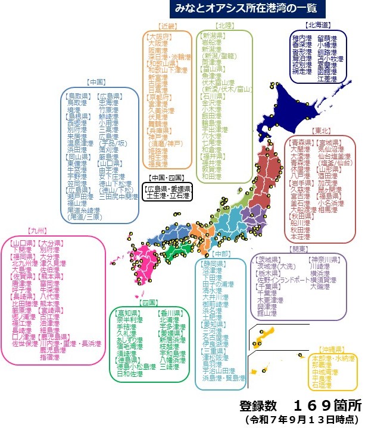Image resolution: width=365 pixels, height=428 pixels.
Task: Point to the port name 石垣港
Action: [322, 385]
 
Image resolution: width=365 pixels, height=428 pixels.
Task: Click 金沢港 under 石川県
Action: [213, 102]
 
